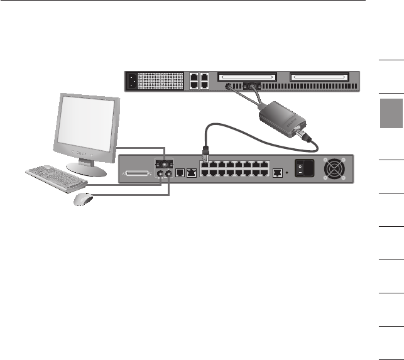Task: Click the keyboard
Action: coord(56,178)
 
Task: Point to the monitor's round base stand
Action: coord(85,168)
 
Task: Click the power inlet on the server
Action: coord(133,81)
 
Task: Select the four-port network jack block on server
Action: coord(200,81)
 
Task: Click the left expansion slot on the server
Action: coord(246,77)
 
